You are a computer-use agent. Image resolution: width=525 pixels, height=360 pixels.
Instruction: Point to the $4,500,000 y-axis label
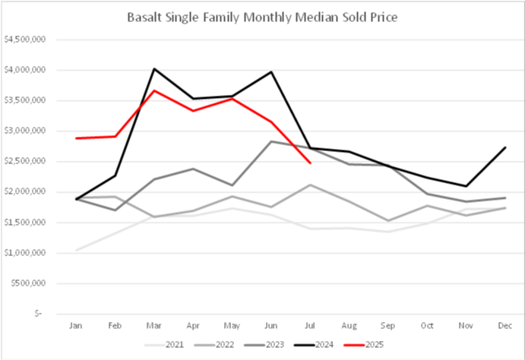tap(27, 39)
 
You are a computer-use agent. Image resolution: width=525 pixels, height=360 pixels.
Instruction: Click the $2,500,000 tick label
tap(27, 161)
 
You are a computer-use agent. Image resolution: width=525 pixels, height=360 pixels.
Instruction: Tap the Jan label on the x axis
tap(77, 324)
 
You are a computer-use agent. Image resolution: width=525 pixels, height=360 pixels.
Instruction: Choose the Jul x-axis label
tap(309, 324)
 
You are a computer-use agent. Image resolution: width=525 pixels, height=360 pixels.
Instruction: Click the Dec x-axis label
tap(503, 324)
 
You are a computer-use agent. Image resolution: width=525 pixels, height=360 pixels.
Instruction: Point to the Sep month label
tap(387, 324)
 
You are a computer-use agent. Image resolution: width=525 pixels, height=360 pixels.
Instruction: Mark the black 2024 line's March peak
tap(154, 69)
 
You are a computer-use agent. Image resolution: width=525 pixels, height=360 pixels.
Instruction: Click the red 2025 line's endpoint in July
tap(309, 163)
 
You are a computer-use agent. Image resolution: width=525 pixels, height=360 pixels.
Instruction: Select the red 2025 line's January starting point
tap(77, 138)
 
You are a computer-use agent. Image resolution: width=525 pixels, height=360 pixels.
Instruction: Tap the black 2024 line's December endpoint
tap(503, 147)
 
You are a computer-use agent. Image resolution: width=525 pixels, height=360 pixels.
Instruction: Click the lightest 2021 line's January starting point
tap(77, 250)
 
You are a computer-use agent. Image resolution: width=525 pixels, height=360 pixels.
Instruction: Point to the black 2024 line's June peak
tap(270, 72)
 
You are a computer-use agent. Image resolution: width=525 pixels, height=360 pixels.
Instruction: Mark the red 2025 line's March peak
tap(154, 90)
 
